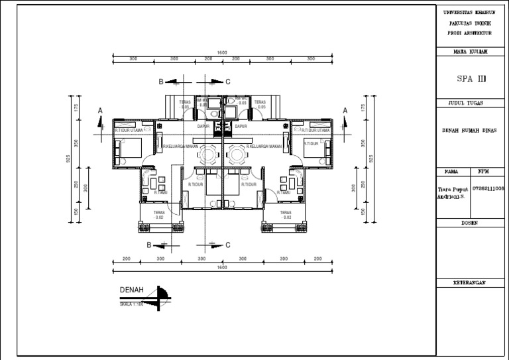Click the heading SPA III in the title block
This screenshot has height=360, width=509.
(x=472, y=78)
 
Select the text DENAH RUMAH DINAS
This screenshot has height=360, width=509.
(x=469, y=131)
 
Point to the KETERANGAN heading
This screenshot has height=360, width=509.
(x=470, y=282)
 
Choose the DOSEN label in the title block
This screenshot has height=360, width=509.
(x=470, y=223)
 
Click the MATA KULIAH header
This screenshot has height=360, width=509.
(x=470, y=51)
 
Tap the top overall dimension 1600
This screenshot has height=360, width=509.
(x=222, y=52)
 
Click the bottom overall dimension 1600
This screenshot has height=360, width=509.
(x=222, y=267)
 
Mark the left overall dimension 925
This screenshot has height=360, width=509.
(x=68, y=159)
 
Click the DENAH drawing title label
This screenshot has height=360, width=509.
(x=131, y=290)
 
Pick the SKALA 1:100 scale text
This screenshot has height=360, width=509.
(x=132, y=304)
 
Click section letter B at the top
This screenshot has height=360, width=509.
(x=160, y=82)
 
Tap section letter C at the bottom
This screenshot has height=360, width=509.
(x=227, y=245)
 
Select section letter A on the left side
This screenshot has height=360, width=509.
(x=100, y=110)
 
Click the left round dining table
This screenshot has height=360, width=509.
(x=208, y=155)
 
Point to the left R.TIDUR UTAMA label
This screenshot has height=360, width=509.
(x=129, y=131)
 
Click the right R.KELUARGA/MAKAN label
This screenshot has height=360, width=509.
(x=264, y=147)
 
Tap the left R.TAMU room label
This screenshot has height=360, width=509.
(x=160, y=192)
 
